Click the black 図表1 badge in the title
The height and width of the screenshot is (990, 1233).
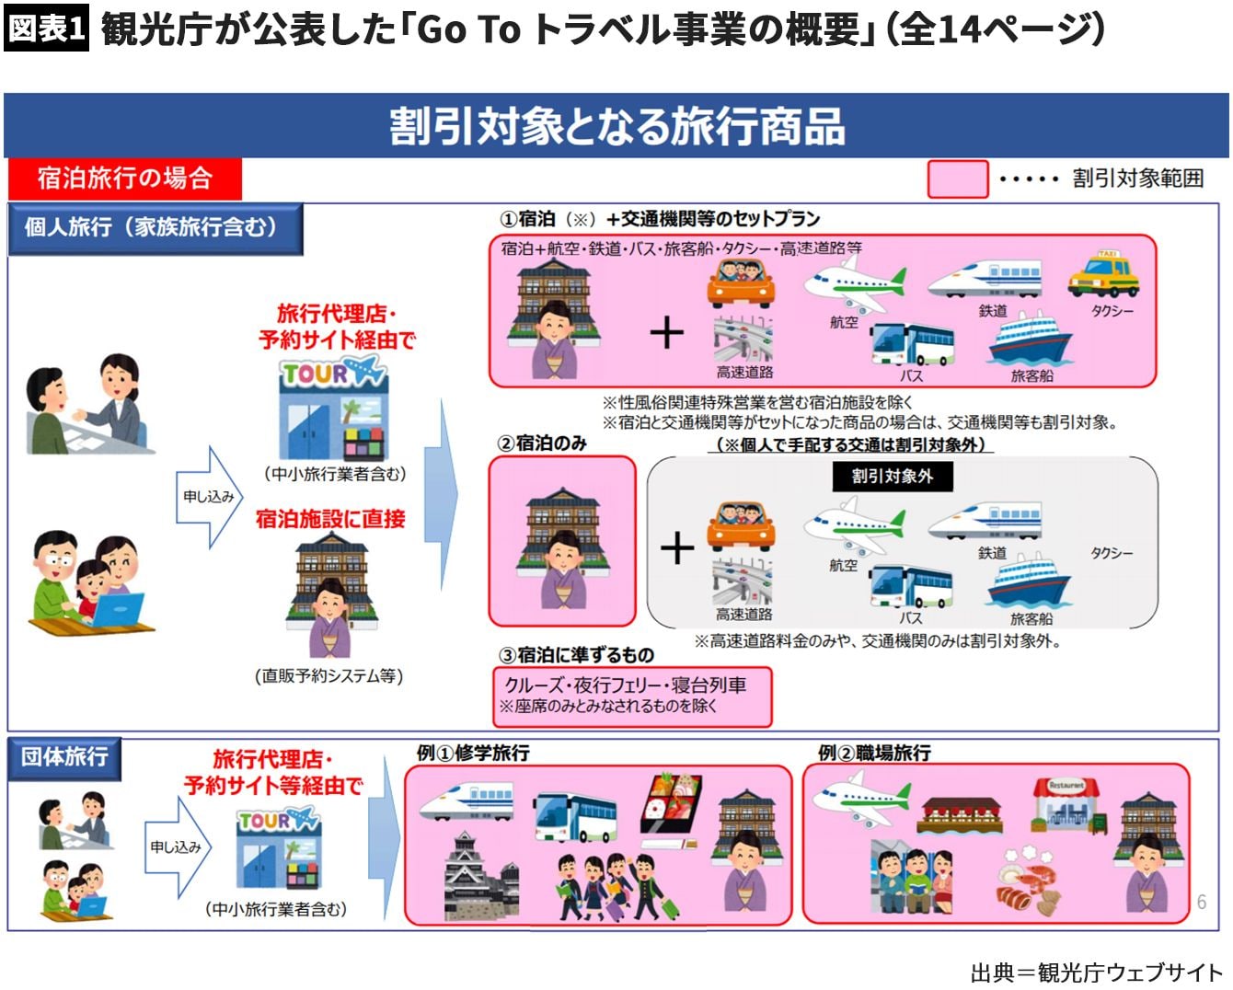click(46, 28)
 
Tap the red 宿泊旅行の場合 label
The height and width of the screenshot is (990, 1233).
click(125, 178)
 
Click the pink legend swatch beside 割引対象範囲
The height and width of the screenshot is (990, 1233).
click(957, 179)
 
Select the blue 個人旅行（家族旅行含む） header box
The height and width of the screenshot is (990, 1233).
click(155, 228)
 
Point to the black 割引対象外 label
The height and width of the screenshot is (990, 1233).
click(893, 476)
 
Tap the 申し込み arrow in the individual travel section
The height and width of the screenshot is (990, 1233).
click(209, 497)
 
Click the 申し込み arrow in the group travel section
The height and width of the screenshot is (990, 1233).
click(178, 846)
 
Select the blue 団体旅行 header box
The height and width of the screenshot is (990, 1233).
click(64, 757)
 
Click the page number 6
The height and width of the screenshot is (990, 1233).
click(1202, 903)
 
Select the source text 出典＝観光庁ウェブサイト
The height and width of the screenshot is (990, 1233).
click(1097, 972)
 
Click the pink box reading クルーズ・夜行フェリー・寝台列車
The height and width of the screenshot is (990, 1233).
click(632, 696)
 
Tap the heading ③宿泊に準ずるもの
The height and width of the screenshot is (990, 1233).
click(576, 655)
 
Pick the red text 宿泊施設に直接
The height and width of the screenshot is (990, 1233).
click(330, 519)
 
